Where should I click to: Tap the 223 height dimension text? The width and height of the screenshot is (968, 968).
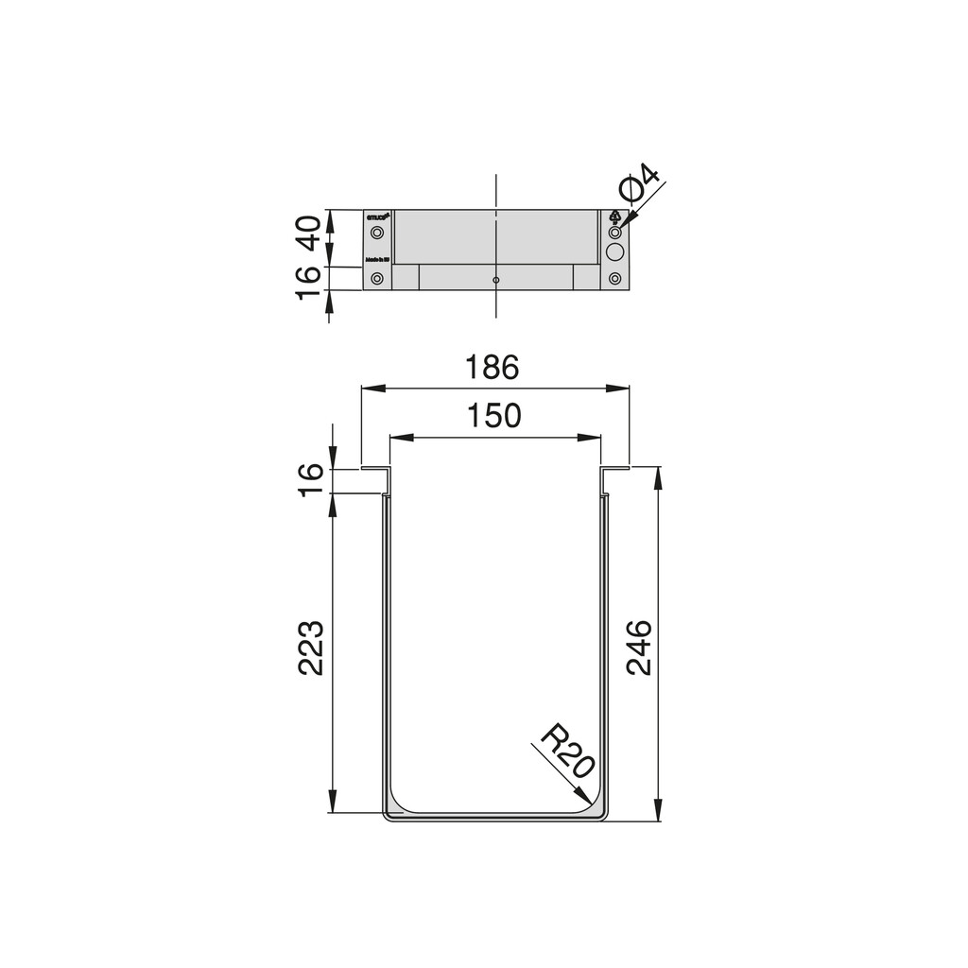click(x=311, y=648)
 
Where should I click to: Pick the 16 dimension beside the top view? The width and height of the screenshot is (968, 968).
click(x=309, y=283)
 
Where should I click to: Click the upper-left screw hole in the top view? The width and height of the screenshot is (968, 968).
click(x=378, y=232)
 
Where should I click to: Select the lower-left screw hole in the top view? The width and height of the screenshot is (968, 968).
click(x=378, y=279)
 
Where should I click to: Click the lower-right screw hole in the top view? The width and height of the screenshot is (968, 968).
click(x=615, y=279)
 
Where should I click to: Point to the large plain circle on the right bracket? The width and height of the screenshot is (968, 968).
click(x=615, y=252)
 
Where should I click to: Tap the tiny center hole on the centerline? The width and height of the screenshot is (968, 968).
click(x=496, y=281)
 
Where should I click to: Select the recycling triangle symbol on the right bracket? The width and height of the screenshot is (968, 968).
click(x=615, y=216)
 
